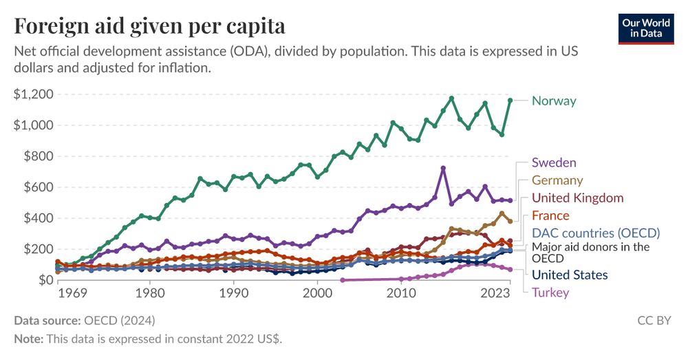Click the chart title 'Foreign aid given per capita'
click(149, 26)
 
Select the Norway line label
click(554, 101)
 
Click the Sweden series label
click(554, 163)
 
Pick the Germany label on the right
click(557, 180)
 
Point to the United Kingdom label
click(577, 198)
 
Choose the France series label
click(550, 215)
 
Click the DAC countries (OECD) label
click(596, 233)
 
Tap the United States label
click(570, 275)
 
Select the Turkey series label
click(550, 293)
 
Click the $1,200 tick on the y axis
click(33, 94)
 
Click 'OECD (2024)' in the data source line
click(119, 320)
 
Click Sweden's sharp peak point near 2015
click(443, 168)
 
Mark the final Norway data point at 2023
click(510, 100)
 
